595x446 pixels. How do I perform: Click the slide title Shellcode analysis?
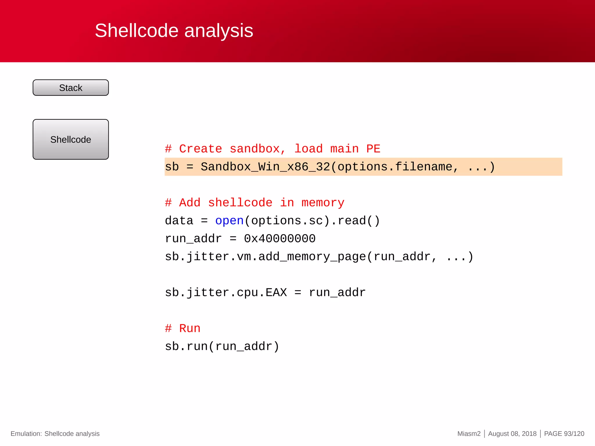[174, 30]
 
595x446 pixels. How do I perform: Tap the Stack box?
[71, 88]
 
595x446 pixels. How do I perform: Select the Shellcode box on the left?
[71, 139]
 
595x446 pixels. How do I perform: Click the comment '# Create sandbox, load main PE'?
[272, 149]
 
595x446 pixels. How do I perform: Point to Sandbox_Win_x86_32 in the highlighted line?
[265, 167]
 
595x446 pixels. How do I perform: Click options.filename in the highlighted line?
[395, 167]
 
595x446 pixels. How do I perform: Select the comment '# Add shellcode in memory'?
[255, 203]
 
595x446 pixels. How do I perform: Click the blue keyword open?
[229, 221]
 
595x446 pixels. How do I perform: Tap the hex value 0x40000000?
[279, 239]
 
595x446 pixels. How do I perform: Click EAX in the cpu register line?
[276, 292]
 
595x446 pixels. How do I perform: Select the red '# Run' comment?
[182, 328]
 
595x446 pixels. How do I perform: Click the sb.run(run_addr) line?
[222, 346]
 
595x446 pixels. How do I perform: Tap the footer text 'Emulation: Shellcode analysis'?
[55, 434]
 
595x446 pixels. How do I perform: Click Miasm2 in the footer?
[469, 434]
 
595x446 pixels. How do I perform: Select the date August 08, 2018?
[512, 434]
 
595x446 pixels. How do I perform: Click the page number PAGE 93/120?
[564, 434]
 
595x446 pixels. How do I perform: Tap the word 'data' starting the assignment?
[179, 221]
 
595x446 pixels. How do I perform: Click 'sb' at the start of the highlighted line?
[172, 167]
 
